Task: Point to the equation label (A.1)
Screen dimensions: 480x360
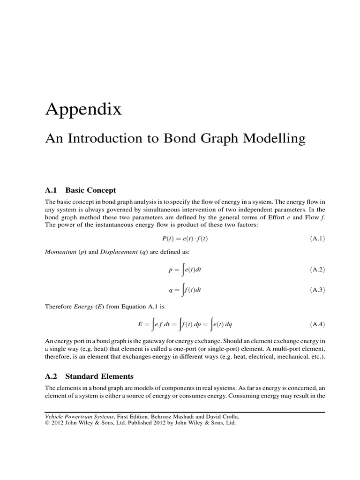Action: (317, 239)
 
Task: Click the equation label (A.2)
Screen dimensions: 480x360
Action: (317, 270)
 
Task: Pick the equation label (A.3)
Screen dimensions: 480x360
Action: (317, 290)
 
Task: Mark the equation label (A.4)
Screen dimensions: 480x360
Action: (317, 324)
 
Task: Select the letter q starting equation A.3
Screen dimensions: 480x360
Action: (171, 291)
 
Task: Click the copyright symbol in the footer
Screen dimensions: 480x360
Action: (46, 422)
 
